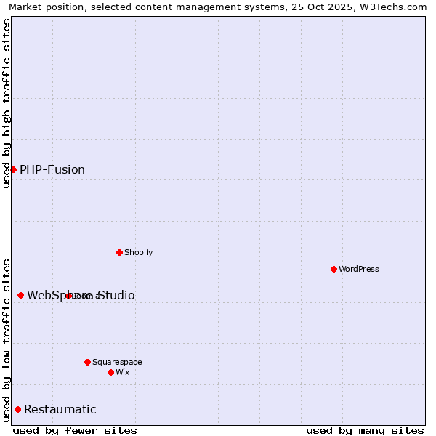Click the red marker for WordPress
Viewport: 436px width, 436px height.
(334, 269)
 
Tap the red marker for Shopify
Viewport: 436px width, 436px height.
(119, 252)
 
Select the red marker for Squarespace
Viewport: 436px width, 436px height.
(87, 362)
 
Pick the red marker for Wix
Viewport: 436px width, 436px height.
(110, 372)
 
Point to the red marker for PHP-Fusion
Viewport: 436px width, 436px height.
(13, 169)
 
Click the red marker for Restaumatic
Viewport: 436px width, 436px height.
(17, 409)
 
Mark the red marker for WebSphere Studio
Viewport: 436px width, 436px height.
(20, 295)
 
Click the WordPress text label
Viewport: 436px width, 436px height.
(359, 269)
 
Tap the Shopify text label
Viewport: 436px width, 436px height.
(138, 252)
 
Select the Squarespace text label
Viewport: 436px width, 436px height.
(117, 362)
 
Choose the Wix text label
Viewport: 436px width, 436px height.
(123, 372)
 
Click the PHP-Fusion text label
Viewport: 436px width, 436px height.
(52, 170)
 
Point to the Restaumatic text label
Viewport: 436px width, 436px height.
(60, 410)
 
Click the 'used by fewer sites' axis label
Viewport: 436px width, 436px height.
(75, 430)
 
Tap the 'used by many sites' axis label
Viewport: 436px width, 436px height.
(365, 430)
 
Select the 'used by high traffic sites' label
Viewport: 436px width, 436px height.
(7, 103)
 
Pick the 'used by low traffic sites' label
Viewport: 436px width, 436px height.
(7, 339)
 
